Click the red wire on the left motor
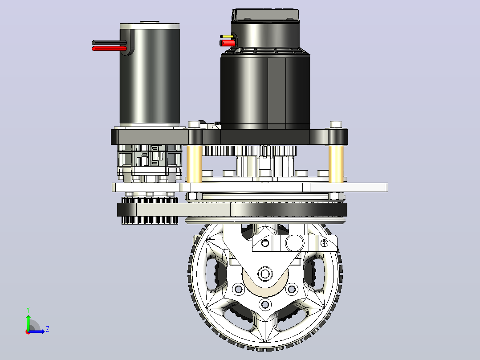point(109,49)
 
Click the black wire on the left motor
point(109,43)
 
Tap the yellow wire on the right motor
point(227,37)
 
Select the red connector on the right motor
point(227,43)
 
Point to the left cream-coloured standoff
point(194,164)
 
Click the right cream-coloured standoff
point(336,164)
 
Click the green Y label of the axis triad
point(28,310)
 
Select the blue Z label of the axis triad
point(48,329)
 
